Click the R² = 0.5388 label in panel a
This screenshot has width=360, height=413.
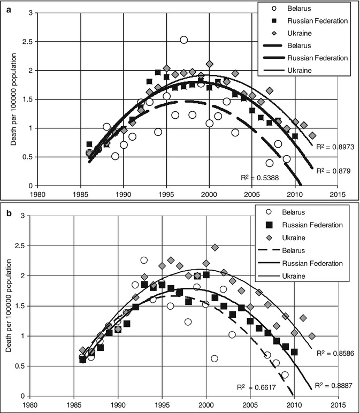pos(259,177)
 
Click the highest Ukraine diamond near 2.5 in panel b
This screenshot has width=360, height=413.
pos(215,248)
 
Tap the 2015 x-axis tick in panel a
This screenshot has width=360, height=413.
pos(336,195)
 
